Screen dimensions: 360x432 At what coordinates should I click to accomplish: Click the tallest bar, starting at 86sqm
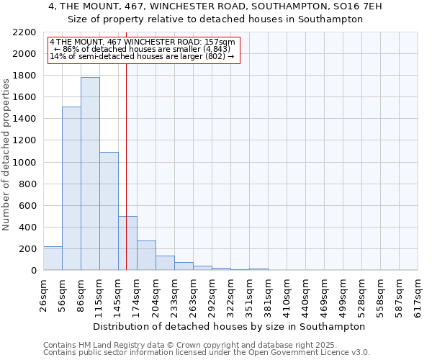pyautogui.click(x=90, y=174)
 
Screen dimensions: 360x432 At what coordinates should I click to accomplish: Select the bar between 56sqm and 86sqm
pyautogui.click(x=71, y=189)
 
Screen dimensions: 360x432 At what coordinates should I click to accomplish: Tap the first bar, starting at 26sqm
pyautogui.click(x=53, y=258)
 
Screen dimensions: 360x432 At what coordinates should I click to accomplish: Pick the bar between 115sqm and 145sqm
pyautogui.click(x=109, y=211)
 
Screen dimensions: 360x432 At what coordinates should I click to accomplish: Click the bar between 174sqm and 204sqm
pyautogui.click(x=146, y=256)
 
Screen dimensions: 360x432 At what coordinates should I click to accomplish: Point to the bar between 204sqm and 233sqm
pyautogui.click(x=165, y=263)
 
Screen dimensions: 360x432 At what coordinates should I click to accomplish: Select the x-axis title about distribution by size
pyautogui.click(x=230, y=326)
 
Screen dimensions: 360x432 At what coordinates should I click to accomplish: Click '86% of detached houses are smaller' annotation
pyautogui.click(x=142, y=49)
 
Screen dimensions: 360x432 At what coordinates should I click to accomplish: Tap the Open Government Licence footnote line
pyautogui.click(x=207, y=353)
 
